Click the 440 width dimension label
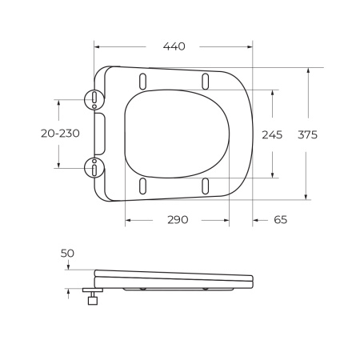[174, 46]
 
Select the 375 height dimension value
[307, 134]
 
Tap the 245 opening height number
[272, 135]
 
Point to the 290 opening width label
[178, 220]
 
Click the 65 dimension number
[281, 220]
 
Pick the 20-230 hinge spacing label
[60, 134]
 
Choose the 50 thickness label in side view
[67, 253]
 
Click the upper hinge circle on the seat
[94, 99]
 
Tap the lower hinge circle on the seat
[94, 167]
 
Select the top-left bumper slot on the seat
[143, 82]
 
